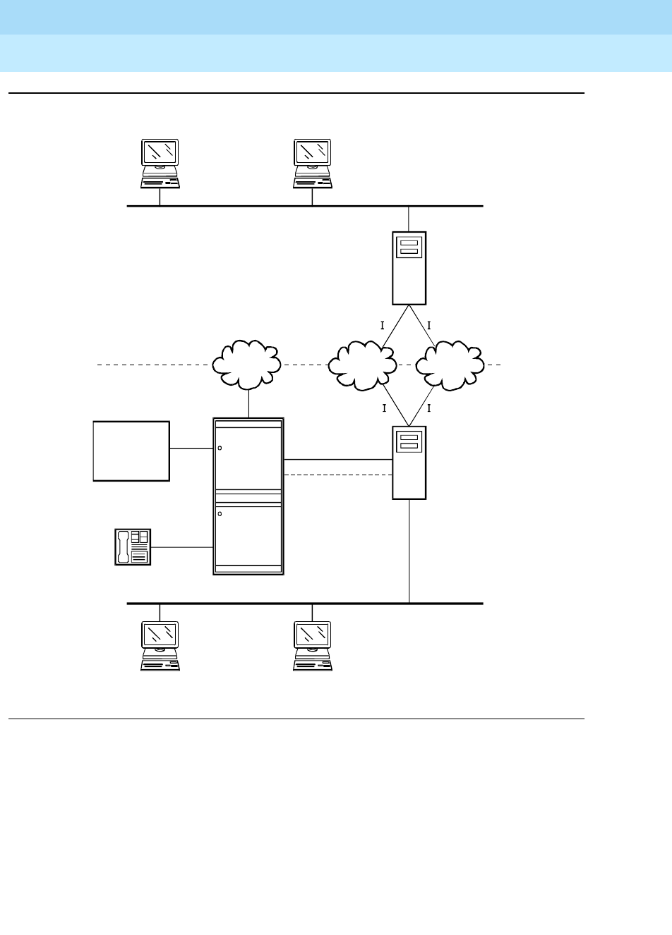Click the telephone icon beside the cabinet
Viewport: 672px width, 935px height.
(133, 546)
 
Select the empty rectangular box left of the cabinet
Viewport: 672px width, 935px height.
(131, 451)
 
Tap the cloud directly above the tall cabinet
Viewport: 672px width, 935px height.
(248, 365)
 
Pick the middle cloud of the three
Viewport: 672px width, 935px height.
(363, 365)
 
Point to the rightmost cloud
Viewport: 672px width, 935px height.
(450, 365)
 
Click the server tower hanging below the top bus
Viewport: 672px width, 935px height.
(409, 268)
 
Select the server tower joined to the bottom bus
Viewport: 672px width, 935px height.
(409, 462)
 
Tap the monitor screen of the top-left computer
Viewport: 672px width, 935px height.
(160, 152)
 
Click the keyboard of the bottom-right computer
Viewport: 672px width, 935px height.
(313, 664)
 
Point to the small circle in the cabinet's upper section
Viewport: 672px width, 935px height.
(220, 448)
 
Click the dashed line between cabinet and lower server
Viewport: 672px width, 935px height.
(337, 475)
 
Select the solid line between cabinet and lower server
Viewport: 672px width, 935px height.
(337, 460)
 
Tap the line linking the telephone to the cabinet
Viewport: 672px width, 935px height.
(182, 547)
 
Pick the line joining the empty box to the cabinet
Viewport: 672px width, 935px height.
(191, 448)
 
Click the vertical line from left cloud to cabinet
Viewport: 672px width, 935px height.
(248, 403)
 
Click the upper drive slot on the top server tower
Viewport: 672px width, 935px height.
(409, 243)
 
